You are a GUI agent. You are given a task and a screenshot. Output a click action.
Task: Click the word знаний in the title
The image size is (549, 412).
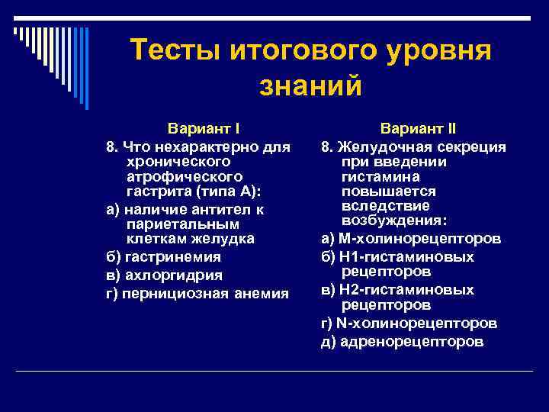[x=310, y=85]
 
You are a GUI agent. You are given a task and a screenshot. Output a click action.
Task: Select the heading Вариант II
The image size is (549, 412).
[x=419, y=128]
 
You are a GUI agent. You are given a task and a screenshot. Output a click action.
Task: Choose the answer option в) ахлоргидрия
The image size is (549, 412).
[x=163, y=275]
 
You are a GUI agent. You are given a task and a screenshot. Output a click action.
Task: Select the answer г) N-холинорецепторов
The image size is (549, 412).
[x=409, y=323]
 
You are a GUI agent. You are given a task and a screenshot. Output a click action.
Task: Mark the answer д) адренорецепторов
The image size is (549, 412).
[x=402, y=341]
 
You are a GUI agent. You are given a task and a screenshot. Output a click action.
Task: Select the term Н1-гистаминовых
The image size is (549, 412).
[x=405, y=257]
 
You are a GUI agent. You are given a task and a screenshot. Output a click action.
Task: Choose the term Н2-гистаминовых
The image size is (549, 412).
[x=405, y=290]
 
